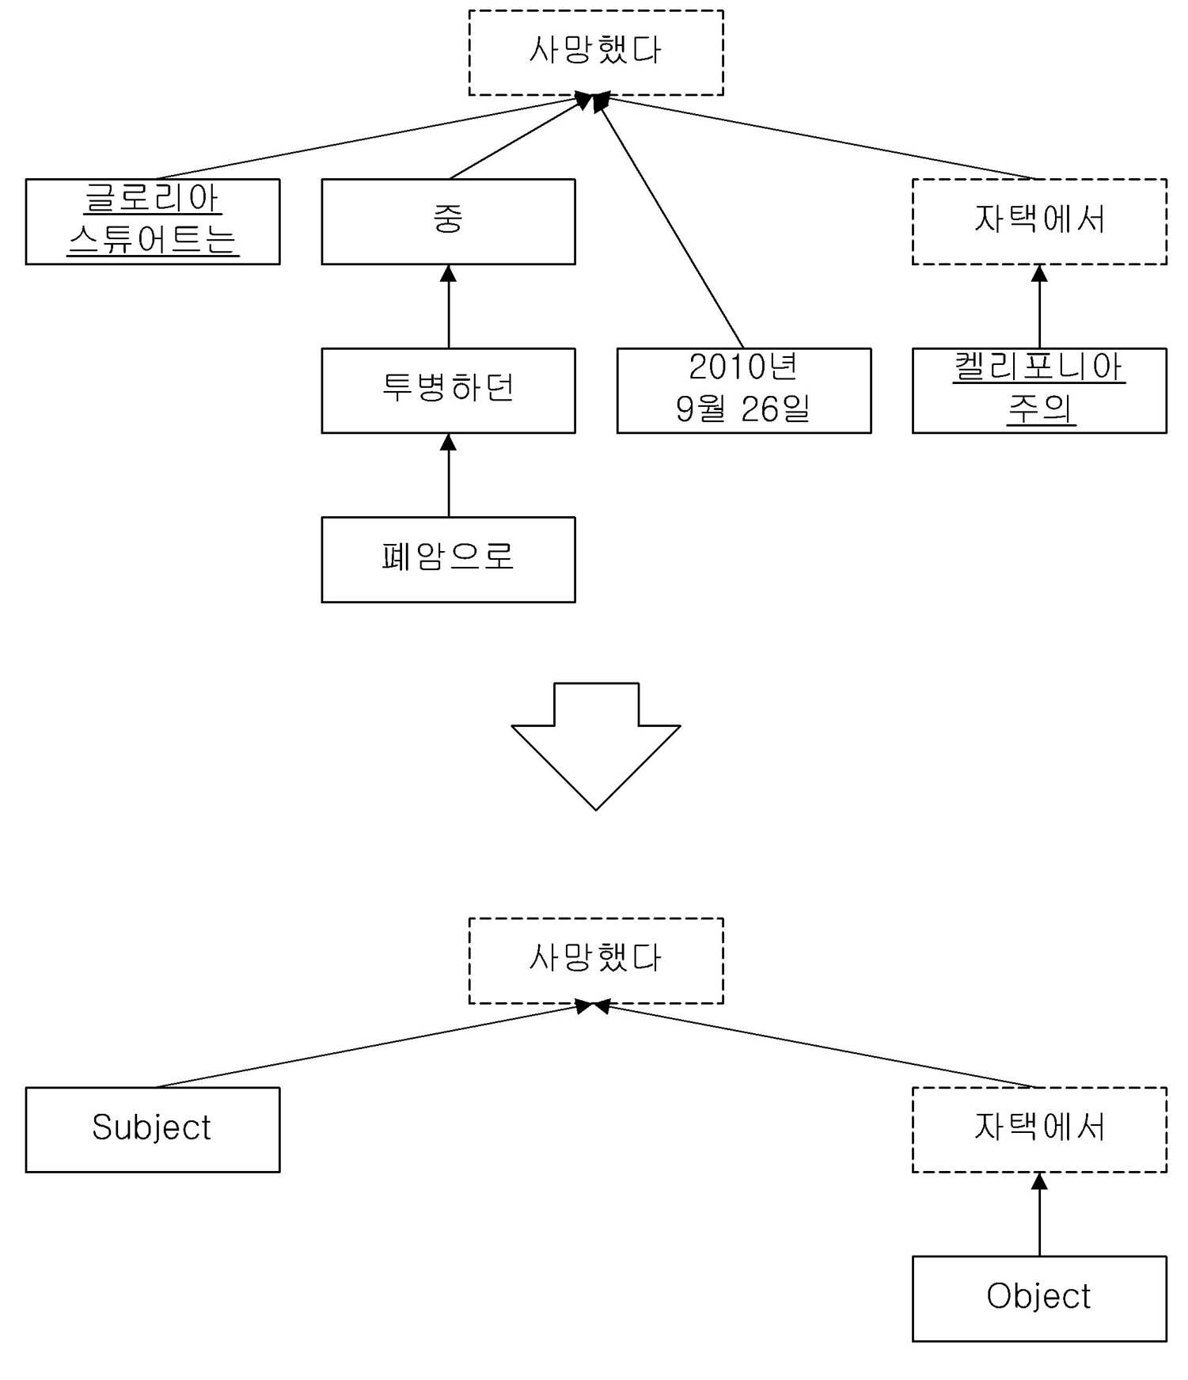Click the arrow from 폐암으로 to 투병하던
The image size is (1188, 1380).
449,475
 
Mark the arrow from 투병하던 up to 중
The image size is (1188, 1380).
449,306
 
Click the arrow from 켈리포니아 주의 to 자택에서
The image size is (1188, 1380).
1039,306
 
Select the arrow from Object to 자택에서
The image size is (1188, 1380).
1039,1215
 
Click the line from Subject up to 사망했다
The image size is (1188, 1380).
372,1046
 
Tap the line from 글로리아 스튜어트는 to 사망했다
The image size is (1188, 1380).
372,137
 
